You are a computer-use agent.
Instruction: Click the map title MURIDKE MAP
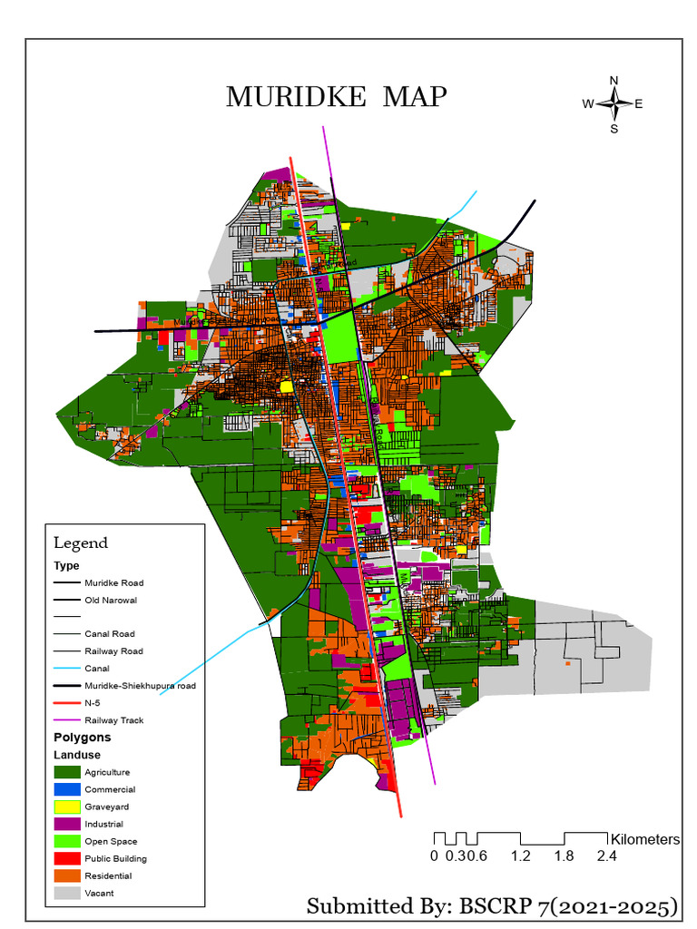point(335,97)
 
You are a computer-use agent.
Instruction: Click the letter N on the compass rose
point(614,81)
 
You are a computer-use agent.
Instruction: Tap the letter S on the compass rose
point(614,128)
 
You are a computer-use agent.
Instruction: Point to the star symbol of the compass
point(614,103)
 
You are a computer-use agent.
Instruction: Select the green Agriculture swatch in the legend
point(66,772)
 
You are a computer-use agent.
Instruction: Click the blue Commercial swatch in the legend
point(66,789)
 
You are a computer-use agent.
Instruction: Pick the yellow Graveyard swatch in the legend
point(66,807)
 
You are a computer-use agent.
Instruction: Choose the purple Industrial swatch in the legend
point(66,824)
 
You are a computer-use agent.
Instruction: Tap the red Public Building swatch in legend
point(66,858)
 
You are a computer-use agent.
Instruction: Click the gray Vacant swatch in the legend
point(66,893)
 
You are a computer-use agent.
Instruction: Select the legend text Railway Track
point(113,720)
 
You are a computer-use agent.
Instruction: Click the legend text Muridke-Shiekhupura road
point(140,686)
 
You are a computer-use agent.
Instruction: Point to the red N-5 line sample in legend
point(66,703)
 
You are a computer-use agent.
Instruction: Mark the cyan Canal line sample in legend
point(66,669)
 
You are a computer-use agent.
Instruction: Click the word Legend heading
point(81,543)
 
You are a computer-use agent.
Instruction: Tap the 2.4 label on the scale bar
point(606,856)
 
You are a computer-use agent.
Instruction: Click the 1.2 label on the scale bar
point(520,856)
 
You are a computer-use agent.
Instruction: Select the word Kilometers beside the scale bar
point(645,839)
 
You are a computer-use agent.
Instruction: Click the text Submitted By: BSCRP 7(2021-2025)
point(493,906)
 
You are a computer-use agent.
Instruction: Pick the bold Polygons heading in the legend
point(82,738)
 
